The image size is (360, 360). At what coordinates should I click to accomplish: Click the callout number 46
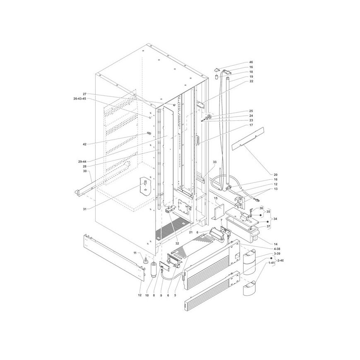pyautogui.click(x=251, y=62)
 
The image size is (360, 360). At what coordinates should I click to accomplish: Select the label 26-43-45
pyautogui.click(x=80, y=99)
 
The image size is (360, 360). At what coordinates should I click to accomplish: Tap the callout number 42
pyautogui.click(x=84, y=144)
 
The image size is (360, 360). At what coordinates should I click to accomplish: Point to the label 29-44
pyautogui.click(x=82, y=162)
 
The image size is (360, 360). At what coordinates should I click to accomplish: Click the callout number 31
pyautogui.click(x=85, y=209)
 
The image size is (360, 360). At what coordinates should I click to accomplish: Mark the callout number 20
pyautogui.click(x=276, y=175)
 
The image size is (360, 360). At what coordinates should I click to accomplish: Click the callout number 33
pyautogui.click(x=215, y=162)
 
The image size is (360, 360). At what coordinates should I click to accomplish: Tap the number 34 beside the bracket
pyautogui.click(x=275, y=219)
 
